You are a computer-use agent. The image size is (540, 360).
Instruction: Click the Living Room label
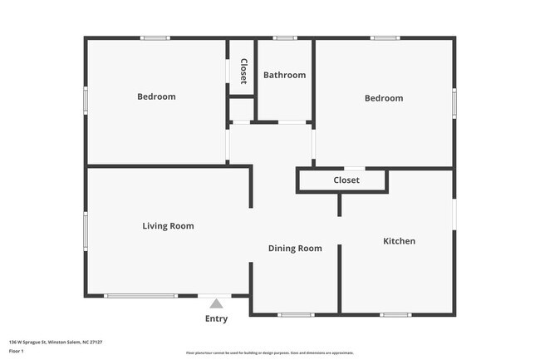pos(168,225)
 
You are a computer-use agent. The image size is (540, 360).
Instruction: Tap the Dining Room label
pos(294,248)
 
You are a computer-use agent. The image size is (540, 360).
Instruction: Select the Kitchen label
pos(399,241)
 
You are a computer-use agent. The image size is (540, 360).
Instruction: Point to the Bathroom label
pos(284,75)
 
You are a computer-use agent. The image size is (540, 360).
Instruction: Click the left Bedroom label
pos(156,96)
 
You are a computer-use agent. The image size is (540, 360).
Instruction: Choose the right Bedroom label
pos(384,98)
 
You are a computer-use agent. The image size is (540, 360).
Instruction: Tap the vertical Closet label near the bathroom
pos(243,71)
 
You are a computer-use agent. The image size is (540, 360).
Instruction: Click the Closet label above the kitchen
pos(346,180)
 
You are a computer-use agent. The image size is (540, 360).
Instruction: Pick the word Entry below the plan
pos(216,318)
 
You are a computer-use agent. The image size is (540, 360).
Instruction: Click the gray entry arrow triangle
pos(216,303)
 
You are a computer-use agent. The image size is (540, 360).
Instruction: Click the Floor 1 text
pos(17,351)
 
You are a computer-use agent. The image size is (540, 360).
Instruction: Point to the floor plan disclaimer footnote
pos(270,353)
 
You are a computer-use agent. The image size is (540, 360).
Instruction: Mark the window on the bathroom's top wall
pos(285,37)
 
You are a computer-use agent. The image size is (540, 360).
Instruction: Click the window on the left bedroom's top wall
pos(155,37)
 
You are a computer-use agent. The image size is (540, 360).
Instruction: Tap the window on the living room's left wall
pos(85,230)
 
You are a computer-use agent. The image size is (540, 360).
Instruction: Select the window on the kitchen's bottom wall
pos(395,314)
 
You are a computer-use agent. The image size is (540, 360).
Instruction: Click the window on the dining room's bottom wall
pos(295,314)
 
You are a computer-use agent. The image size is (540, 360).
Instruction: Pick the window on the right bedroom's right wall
pos(454,104)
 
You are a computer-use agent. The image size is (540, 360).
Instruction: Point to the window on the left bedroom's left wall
pos(85,100)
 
